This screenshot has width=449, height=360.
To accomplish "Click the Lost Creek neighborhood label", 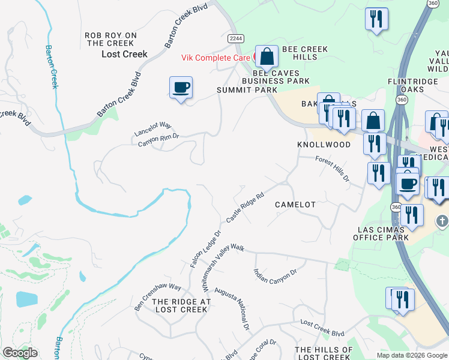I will [x=124, y=54].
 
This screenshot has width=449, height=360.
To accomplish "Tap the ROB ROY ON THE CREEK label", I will [x=110, y=40].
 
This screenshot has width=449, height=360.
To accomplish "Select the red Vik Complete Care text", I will [x=217, y=58].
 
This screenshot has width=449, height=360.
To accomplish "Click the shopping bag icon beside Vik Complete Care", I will [x=267, y=58].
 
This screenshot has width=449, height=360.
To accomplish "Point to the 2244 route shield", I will [x=236, y=38].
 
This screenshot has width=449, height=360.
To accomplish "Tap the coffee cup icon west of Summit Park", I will [x=181, y=88].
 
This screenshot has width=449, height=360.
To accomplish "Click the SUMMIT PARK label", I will [x=247, y=90].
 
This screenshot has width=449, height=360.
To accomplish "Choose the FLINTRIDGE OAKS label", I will [x=414, y=85].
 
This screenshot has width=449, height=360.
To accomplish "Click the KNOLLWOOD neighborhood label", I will [x=324, y=145].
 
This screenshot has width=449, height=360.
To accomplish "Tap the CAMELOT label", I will [x=295, y=205].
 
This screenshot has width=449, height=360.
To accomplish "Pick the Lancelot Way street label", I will [x=153, y=128].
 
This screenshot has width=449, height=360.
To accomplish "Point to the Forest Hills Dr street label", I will [x=333, y=168].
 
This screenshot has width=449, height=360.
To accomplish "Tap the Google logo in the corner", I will [x=20, y=353].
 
